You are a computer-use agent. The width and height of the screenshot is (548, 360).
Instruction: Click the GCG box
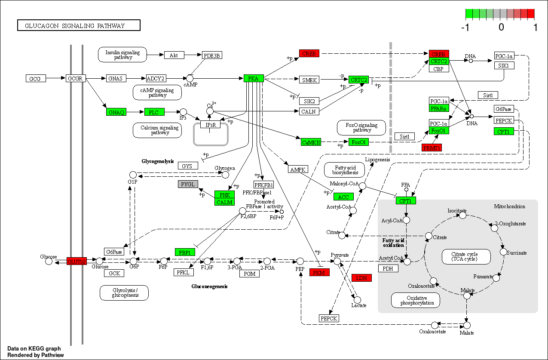[x=35, y=79]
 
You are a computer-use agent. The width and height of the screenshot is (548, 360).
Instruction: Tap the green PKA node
[x=254, y=78]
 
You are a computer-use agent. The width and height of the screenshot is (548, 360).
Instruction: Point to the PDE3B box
[x=212, y=55]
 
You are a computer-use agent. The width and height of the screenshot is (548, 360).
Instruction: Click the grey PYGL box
[x=188, y=184]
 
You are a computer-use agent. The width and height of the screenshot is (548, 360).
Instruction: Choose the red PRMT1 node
[x=432, y=148]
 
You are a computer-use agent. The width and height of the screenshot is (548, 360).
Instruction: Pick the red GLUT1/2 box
[x=77, y=261]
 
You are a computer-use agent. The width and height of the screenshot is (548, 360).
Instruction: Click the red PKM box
[x=319, y=272]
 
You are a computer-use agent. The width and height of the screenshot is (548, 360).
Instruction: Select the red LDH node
[x=361, y=278]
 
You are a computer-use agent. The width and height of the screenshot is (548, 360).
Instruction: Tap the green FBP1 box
[x=185, y=252]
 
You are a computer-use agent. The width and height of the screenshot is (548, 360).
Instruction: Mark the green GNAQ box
[x=116, y=112]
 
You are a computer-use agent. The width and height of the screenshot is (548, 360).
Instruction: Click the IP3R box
[x=210, y=125]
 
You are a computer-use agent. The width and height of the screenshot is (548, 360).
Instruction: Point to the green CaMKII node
[x=311, y=142]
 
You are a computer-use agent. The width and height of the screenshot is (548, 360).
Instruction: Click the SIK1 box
[x=504, y=65]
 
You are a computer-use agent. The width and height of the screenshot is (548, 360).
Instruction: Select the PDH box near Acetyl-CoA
[x=388, y=268]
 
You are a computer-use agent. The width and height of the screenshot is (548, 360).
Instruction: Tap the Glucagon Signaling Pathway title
[x=79, y=26]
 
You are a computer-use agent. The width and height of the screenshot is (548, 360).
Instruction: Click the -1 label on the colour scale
[x=465, y=28]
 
